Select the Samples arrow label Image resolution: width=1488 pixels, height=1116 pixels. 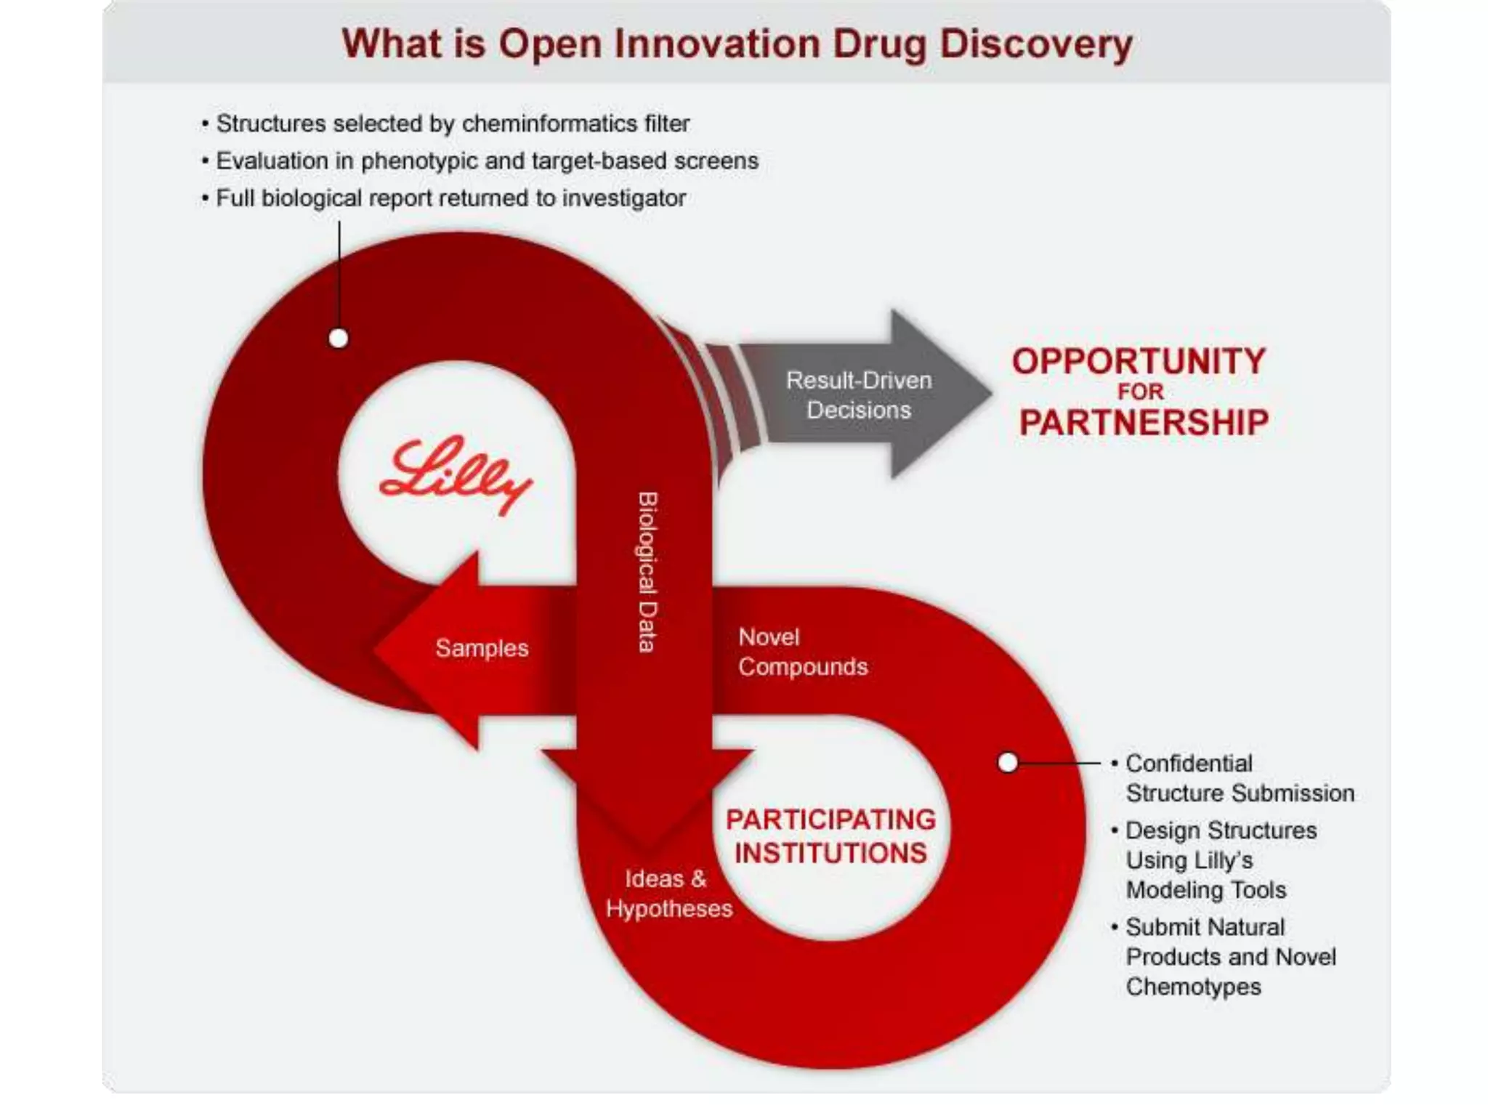tap(482, 648)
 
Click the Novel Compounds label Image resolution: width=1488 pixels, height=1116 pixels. tap(802, 652)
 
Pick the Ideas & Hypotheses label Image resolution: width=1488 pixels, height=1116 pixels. tap(668, 894)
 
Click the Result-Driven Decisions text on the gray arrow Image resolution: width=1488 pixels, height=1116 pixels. tap(858, 395)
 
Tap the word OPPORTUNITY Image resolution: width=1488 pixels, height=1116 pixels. tap(1139, 361)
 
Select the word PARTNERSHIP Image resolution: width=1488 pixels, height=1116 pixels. tap(1144, 423)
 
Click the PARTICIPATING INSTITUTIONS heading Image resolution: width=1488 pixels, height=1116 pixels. tap(830, 836)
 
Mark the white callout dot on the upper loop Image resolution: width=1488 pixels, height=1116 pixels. tap(339, 339)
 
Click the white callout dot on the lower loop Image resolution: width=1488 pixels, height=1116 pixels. tap(1008, 762)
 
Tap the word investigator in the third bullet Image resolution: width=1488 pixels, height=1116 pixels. tap(623, 198)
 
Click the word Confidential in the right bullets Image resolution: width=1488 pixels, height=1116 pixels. tap(1189, 763)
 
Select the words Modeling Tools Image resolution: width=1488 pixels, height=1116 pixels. tap(1205, 890)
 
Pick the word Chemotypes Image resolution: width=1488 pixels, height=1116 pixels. tap(1193, 987)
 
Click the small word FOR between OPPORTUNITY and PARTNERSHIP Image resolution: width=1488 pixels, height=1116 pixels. tap(1140, 392)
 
